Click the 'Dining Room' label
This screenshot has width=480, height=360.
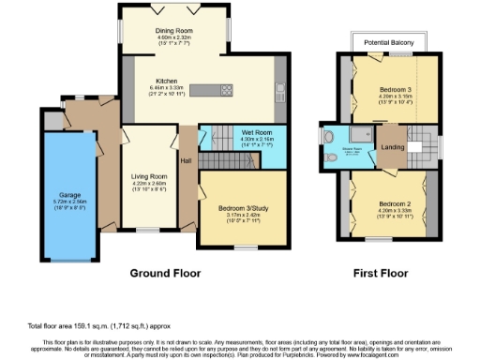click(173, 29)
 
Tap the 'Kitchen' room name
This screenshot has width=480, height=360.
click(167, 81)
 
